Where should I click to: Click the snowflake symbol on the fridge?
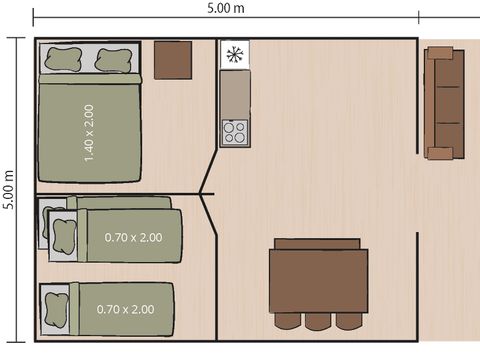234,55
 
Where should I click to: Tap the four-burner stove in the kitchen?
235,132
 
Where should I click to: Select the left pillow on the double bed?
63,61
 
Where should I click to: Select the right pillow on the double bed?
112,61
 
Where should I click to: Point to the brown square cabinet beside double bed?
173,60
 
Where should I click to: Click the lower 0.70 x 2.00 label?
125,309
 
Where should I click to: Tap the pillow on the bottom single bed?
54,304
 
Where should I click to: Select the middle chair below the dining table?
319,321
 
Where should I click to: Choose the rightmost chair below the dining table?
348,321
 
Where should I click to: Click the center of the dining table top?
318,281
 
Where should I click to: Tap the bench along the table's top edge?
317,243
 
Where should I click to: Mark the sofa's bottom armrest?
441,153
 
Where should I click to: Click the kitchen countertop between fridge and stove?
235,93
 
